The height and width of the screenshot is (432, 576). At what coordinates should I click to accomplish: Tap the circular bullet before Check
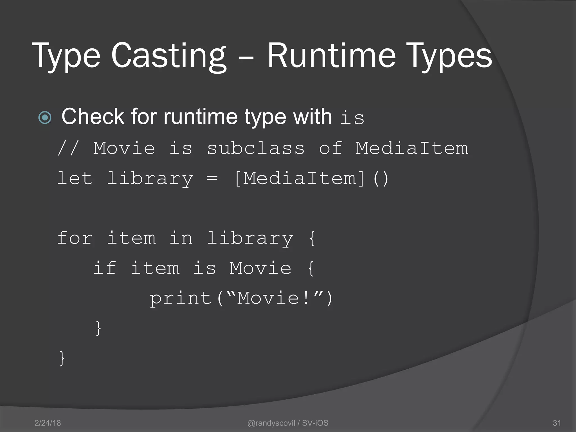[x=45, y=117]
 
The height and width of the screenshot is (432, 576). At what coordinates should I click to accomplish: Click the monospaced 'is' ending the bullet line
[x=352, y=118]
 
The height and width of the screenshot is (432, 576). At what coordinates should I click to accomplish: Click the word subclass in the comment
[x=256, y=148]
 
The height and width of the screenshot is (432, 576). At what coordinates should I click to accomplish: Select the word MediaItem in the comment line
[x=412, y=148]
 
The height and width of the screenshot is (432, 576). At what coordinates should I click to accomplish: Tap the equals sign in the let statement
[x=212, y=178]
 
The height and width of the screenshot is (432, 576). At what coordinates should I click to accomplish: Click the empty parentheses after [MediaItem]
[x=381, y=179]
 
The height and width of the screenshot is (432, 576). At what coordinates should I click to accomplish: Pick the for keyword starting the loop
[x=75, y=238]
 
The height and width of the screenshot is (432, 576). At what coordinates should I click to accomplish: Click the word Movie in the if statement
[x=260, y=268]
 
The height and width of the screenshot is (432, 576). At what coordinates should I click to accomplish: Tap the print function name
[x=180, y=298]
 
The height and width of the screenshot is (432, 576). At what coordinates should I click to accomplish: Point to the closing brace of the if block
[x=98, y=328]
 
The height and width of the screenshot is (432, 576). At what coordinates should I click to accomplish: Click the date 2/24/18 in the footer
[x=48, y=423]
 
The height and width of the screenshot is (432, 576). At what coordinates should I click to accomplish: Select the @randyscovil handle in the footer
[x=271, y=423]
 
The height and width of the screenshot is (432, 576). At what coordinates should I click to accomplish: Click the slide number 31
[x=557, y=423]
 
